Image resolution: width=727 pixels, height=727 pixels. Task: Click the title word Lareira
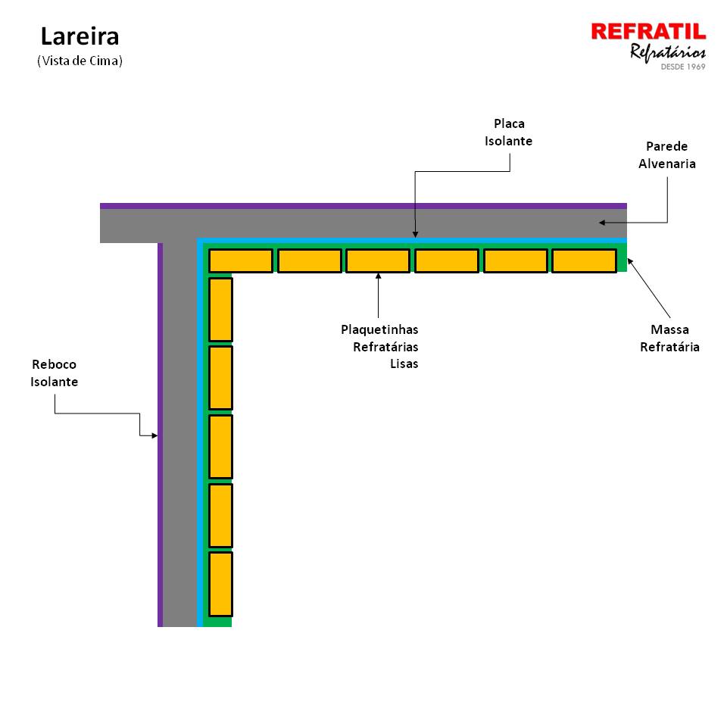pos(80,36)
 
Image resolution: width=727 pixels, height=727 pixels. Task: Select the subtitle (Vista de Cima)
pos(80,61)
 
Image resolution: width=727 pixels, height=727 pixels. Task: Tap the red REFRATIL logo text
pos(648,32)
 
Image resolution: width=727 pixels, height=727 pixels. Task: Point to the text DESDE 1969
pos(683,67)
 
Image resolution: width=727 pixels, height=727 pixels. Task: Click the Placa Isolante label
pos(509,132)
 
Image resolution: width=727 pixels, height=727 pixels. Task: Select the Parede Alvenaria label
pos(666,154)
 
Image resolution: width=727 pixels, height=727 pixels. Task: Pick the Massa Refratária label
pos(669,338)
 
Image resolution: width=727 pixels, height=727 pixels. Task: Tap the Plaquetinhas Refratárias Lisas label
pos(379,346)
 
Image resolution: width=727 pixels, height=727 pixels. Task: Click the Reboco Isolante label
pos(55,373)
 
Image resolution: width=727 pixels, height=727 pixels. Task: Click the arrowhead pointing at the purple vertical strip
pos(154,435)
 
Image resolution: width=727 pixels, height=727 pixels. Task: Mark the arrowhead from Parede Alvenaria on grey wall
pos(602,223)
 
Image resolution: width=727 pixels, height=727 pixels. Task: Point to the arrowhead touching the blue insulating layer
pos(415,235)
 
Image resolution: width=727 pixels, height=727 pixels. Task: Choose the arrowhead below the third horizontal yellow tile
pos(379,276)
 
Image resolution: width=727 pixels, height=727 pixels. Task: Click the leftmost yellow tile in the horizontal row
pos(241,261)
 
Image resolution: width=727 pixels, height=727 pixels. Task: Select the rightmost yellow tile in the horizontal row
pos(584,261)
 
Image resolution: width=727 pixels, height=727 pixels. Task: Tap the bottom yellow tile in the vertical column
pos(220,584)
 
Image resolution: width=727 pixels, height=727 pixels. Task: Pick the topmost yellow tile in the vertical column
pos(220,309)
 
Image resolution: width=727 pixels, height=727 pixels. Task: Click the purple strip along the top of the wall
pos(363,206)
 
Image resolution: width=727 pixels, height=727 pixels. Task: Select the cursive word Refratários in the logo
pos(668,52)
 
